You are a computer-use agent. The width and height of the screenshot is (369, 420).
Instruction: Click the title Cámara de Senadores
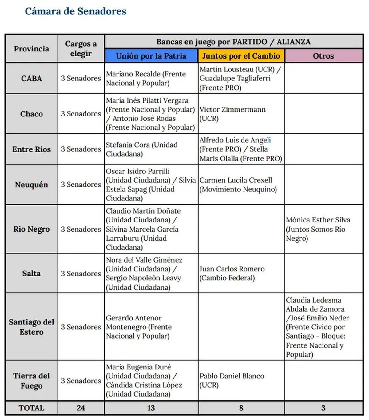pos(75,11)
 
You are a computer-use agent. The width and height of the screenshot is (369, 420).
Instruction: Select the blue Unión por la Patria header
pos(151,56)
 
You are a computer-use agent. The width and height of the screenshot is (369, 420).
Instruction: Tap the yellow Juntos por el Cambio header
pos(241,56)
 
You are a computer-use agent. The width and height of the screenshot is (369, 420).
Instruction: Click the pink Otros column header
pos(323,56)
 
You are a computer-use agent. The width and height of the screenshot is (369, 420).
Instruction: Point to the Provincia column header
pos(31,49)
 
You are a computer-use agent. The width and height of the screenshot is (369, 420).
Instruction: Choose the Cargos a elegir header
pos(81,49)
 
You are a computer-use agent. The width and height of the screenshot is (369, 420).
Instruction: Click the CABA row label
pos(31,78)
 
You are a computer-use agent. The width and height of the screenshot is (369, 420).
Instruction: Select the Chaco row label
pos(31,114)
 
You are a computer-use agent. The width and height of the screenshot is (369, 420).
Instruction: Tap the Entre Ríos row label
pos(31,149)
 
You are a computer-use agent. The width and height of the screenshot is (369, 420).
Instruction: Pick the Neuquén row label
pos(31,185)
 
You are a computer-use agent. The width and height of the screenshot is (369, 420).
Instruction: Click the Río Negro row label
pos(31,229)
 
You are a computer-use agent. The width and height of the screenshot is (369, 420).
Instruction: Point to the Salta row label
pos(31,273)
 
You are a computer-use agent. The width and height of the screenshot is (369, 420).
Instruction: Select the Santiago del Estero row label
pos(31,327)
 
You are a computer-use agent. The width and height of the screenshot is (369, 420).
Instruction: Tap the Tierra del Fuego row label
pos(31,381)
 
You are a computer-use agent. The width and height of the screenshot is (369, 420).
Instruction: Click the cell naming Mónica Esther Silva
pos(318,229)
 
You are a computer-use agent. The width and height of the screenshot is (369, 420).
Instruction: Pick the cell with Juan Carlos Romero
pos(232,273)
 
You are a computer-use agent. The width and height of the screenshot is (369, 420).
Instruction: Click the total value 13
pos(151,408)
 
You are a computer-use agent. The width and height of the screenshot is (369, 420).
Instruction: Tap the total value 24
pos(81,408)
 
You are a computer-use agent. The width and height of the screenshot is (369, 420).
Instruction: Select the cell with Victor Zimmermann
pos(232,114)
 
